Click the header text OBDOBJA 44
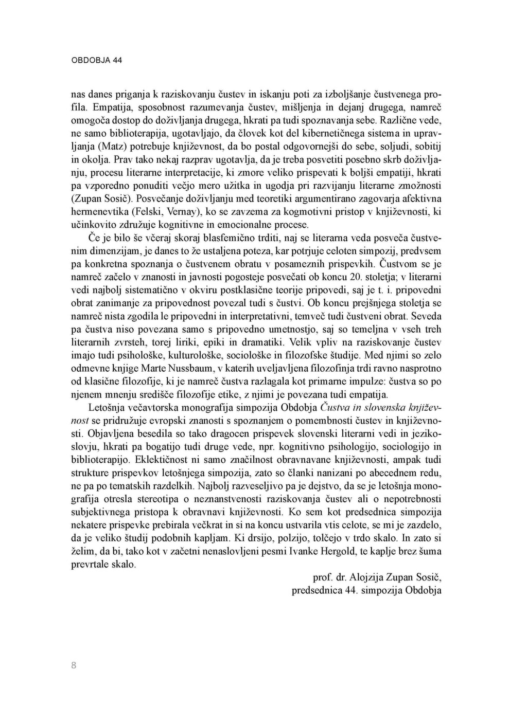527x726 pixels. click(96, 60)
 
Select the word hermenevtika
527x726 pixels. click(99, 211)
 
